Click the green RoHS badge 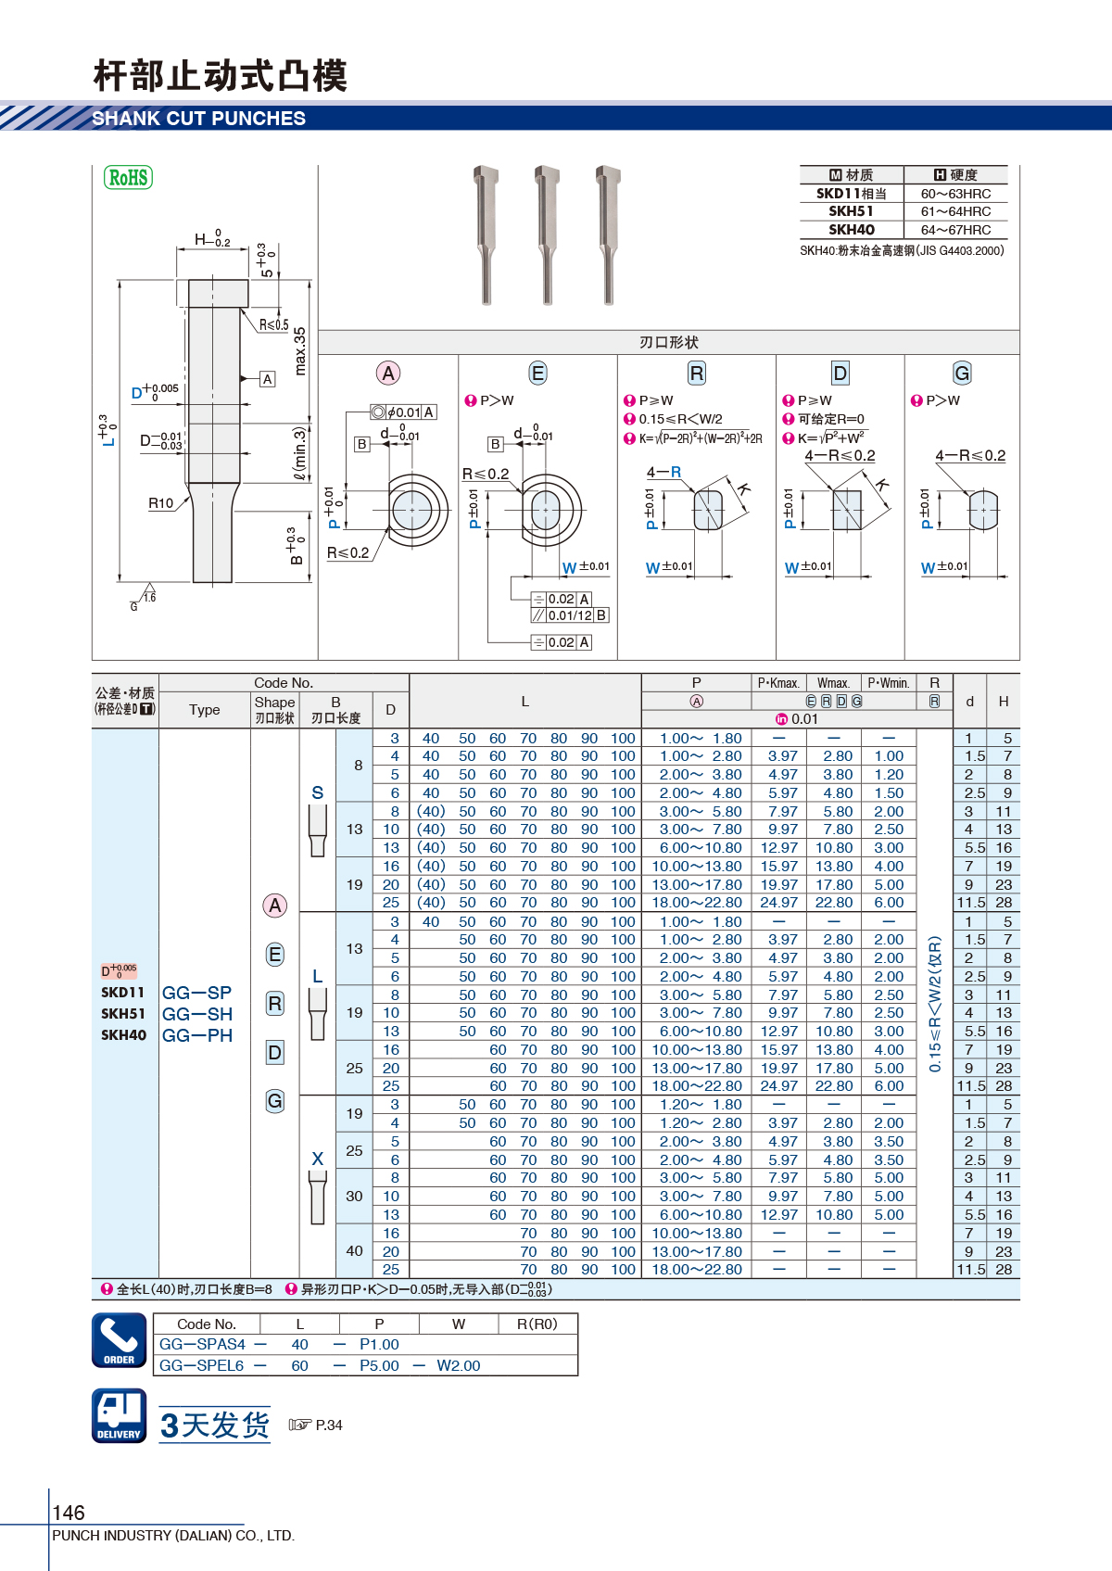tap(128, 177)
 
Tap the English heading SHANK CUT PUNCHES tap(199, 119)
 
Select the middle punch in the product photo tap(547, 234)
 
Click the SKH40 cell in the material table tap(852, 229)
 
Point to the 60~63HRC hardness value tap(955, 194)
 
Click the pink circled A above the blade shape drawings tap(387, 374)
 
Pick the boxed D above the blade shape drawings tap(840, 374)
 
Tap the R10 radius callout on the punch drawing tap(160, 503)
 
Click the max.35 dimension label tap(300, 350)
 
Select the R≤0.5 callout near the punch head tap(274, 324)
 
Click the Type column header tap(204, 710)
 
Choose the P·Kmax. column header tap(778, 683)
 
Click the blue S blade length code tap(318, 792)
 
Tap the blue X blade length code tap(318, 1159)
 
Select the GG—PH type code tap(197, 1035)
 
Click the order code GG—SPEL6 tap(201, 1365)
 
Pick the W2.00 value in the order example tap(459, 1365)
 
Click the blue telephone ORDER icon tap(120, 1340)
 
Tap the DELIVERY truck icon tap(120, 1415)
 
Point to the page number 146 tap(69, 1513)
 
